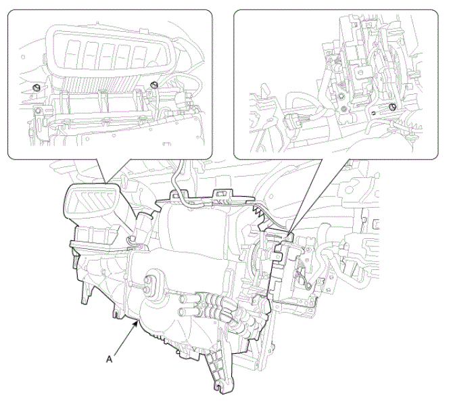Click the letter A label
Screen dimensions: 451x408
[x=110, y=359]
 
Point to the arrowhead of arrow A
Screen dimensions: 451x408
[x=135, y=324]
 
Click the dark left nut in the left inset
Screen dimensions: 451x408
[x=37, y=87]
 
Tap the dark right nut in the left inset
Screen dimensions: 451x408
[x=154, y=85]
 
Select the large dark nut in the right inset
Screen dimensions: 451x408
[x=392, y=107]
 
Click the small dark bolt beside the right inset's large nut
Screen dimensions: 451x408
[x=373, y=112]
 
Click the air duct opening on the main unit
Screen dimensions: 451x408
[x=90, y=200]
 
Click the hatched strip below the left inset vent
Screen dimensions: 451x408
[x=101, y=84]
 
